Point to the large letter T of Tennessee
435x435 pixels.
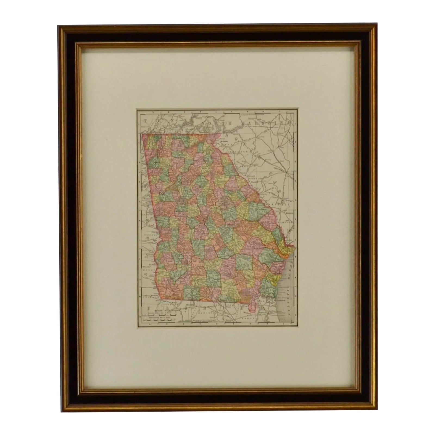145,120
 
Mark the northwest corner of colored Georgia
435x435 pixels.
142,134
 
